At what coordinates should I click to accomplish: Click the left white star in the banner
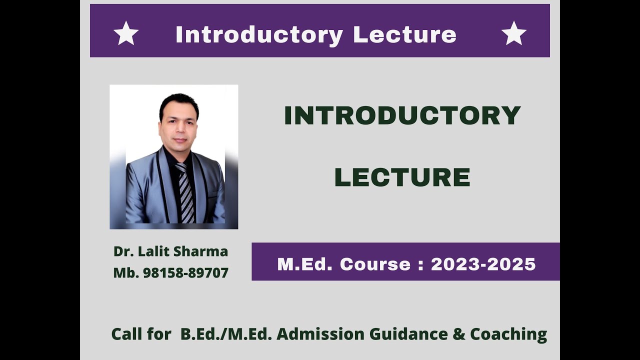tap(126, 33)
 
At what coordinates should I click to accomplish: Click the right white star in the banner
tap(513, 33)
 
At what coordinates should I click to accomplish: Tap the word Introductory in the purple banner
tap(259, 34)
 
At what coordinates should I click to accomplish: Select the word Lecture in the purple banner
tap(404, 34)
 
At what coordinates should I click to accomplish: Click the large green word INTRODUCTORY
tap(402, 116)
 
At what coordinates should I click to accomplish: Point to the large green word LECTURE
tap(402, 177)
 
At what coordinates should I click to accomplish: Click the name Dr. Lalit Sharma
tap(170, 251)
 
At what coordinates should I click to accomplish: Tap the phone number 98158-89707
tap(185, 273)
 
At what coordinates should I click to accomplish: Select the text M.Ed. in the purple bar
tap(304, 264)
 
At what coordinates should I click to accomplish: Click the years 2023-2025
tap(483, 264)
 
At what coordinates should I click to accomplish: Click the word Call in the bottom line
tap(127, 333)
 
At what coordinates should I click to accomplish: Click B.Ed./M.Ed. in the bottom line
tap(226, 333)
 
